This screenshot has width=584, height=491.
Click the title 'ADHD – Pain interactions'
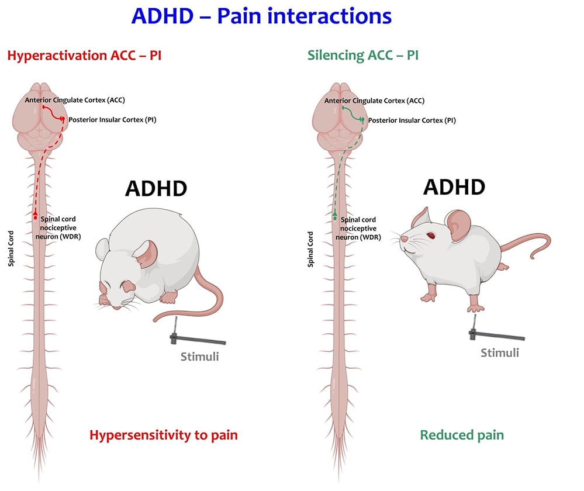click(261, 16)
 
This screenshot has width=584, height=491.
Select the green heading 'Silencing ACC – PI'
click(362, 56)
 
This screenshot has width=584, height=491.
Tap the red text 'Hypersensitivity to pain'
click(163, 435)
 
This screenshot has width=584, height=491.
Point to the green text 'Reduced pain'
click(461, 435)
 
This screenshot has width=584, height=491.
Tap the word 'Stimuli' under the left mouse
click(200, 356)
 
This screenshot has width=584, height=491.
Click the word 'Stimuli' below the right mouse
click(499, 353)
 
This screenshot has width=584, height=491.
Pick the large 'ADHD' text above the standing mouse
click(454, 186)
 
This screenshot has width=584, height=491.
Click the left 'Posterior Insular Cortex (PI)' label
click(112, 119)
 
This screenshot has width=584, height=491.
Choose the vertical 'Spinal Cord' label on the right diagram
click(310, 248)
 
